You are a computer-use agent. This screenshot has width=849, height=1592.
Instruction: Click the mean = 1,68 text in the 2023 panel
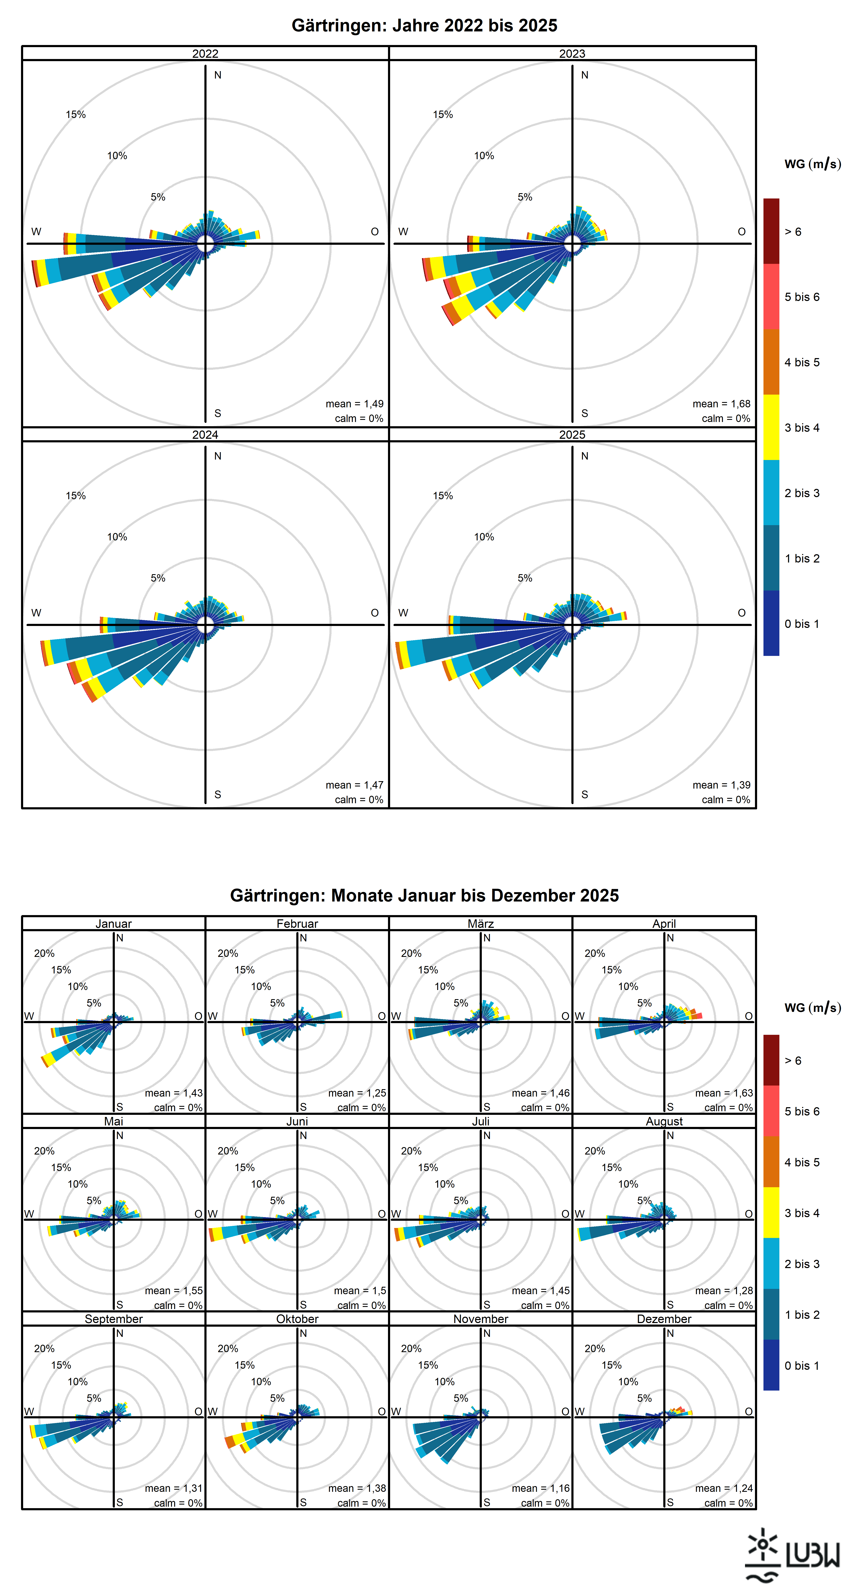tap(721, 404)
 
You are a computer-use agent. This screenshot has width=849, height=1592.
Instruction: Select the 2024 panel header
tap(205, 435)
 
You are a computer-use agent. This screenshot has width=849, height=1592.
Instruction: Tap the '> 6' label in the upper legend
tap(793, 232)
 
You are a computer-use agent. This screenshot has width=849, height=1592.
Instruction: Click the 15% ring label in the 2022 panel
tap(75, 114)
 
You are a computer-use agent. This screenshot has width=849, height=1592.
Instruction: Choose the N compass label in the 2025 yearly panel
tap(585, 456)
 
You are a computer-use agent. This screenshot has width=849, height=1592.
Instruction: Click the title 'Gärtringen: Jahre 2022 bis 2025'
tap(424, 25)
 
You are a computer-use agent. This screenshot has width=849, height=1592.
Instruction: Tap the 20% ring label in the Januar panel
tap(44, 953)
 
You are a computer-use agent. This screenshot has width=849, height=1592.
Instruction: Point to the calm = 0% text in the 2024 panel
tap(359, 800)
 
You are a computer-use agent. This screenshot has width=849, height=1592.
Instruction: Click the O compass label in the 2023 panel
tap(741, 232)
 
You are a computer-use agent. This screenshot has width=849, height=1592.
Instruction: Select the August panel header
tap(664, 1121)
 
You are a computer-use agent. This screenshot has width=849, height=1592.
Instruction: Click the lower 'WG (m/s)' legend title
tap(812, 1007)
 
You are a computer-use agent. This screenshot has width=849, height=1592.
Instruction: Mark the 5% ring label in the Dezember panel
tap(644, 1398)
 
